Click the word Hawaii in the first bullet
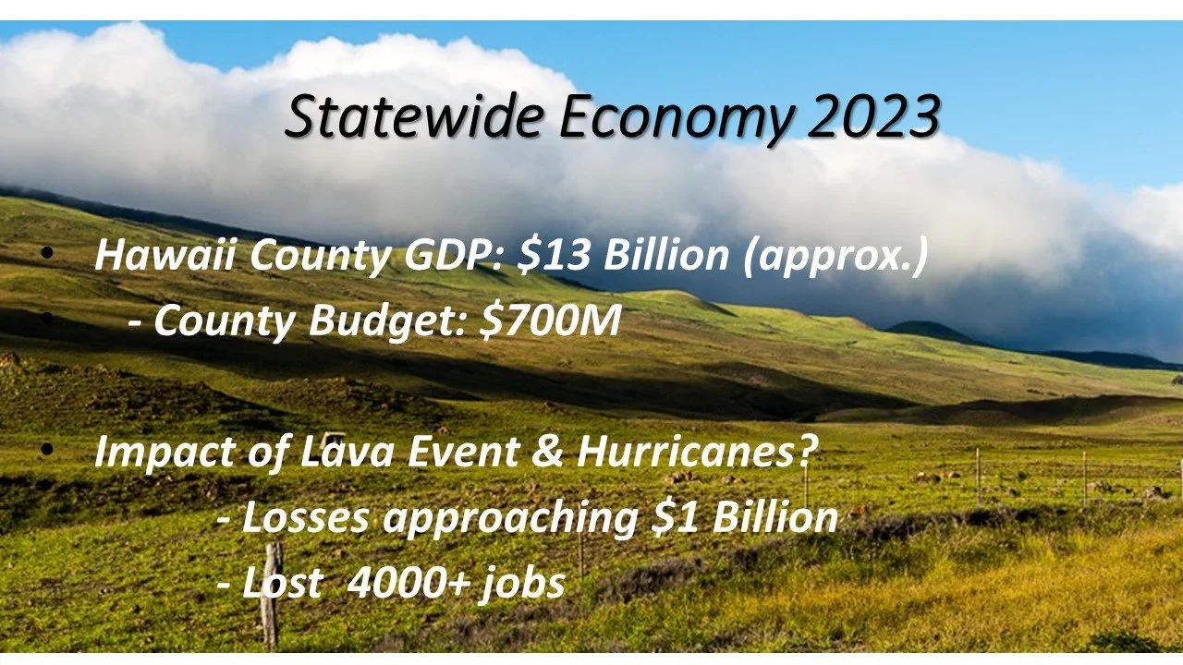[x=165, y=254]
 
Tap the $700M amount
[x=550, y=320]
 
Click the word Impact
[x=165, y=453]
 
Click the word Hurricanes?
[x=697, y=452]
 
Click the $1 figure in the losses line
[x=676, y=516]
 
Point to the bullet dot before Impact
[x=46, y=450]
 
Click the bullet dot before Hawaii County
[x=46, y=253]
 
